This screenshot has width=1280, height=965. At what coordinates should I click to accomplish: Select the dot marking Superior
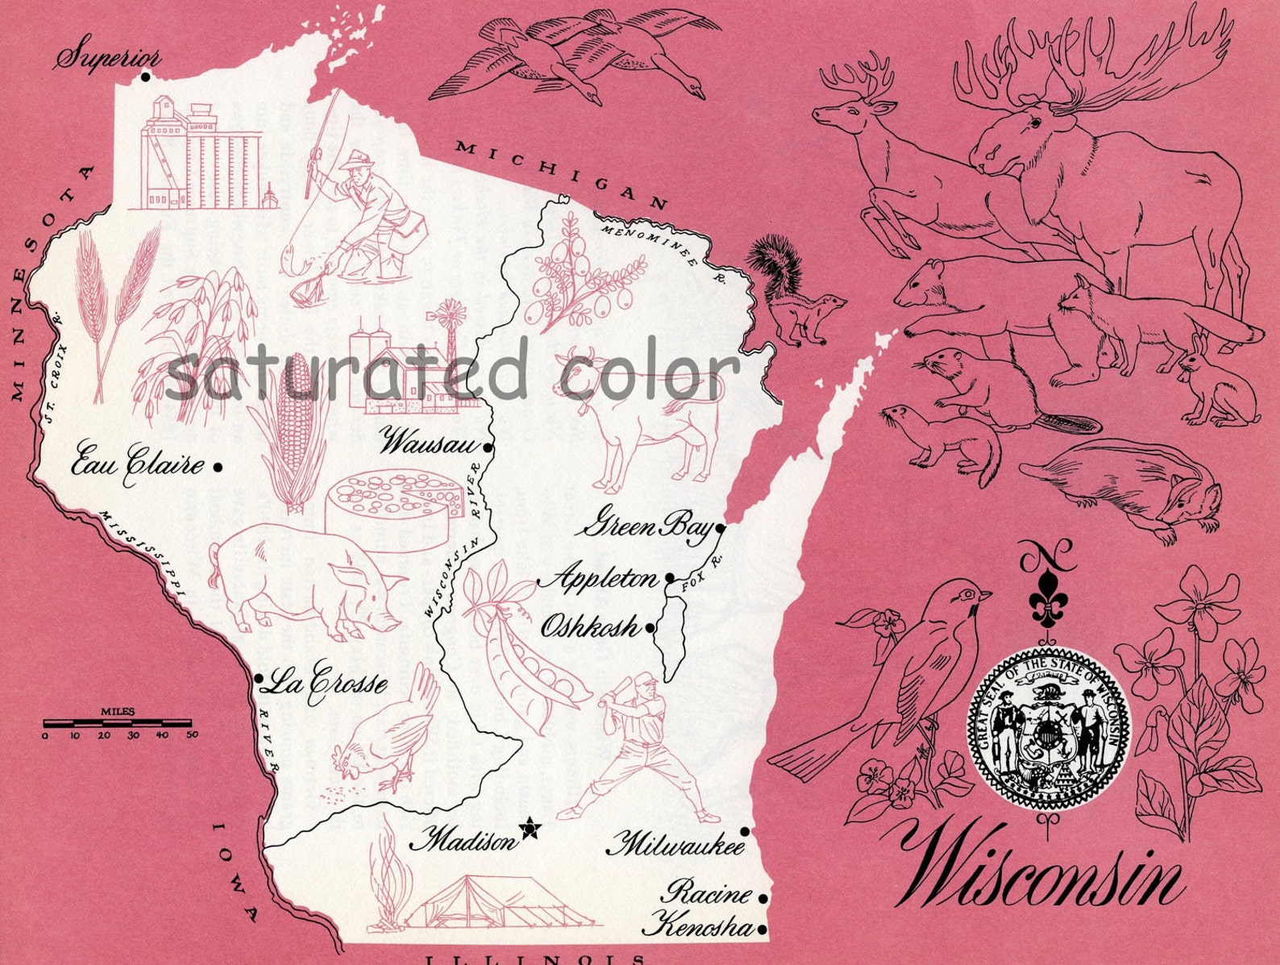click(x=145, y=77)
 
